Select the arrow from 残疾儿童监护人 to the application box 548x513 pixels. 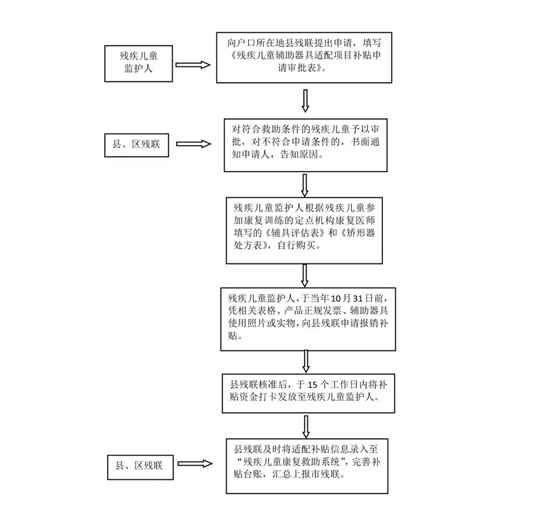(192, 65)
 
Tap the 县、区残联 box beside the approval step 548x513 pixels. (136, 144)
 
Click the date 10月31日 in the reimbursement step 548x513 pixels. (366, 297)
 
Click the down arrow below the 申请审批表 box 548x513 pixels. (305, 101)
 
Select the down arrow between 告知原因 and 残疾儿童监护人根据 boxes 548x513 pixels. (305, 185)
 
